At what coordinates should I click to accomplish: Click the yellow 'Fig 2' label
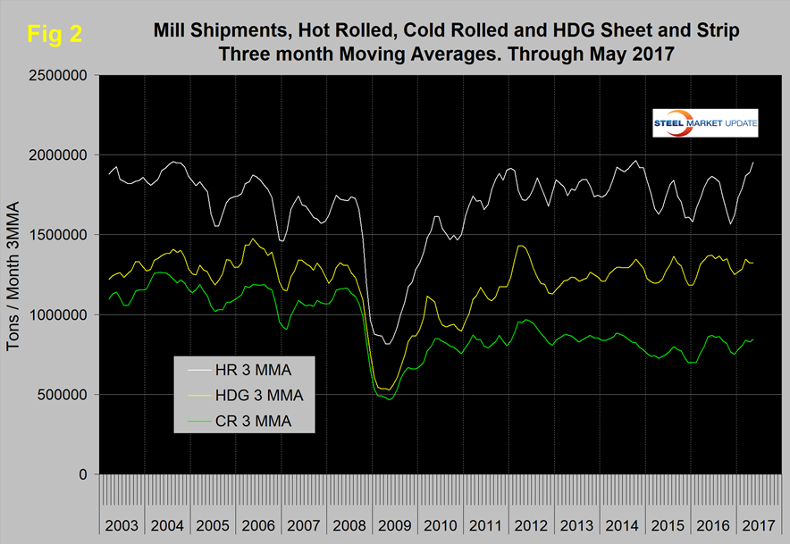coord(55,35)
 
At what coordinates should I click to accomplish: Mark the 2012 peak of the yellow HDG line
coord(521,246)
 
